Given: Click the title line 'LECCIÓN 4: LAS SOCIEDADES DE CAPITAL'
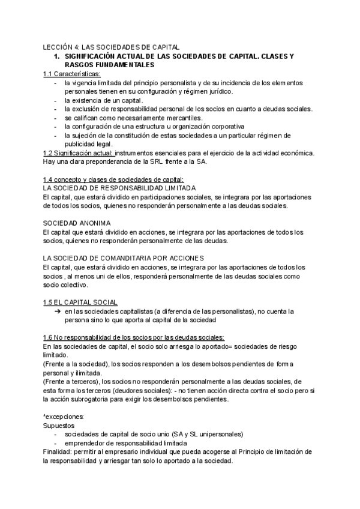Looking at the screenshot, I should (x=111, y=47).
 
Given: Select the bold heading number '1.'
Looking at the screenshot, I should (x=58, y=56).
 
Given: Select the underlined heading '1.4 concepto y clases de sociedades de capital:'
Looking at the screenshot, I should (x=114, y=179).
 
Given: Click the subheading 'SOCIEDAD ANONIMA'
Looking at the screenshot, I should (x=77, y=223).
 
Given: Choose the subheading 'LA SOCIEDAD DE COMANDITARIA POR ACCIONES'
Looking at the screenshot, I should (x=120, y=258).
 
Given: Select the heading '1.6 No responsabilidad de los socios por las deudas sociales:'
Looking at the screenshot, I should (x=134, y=337).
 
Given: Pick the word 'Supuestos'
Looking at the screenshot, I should (x=59, y=425).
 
